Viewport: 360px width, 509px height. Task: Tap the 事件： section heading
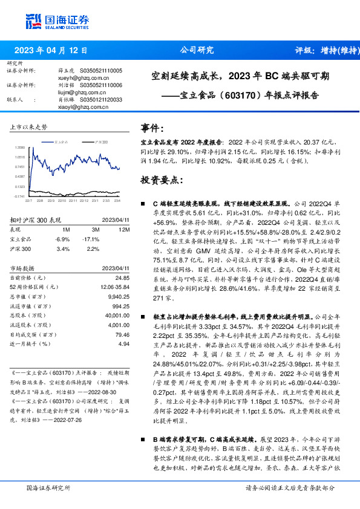point(153,128)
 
